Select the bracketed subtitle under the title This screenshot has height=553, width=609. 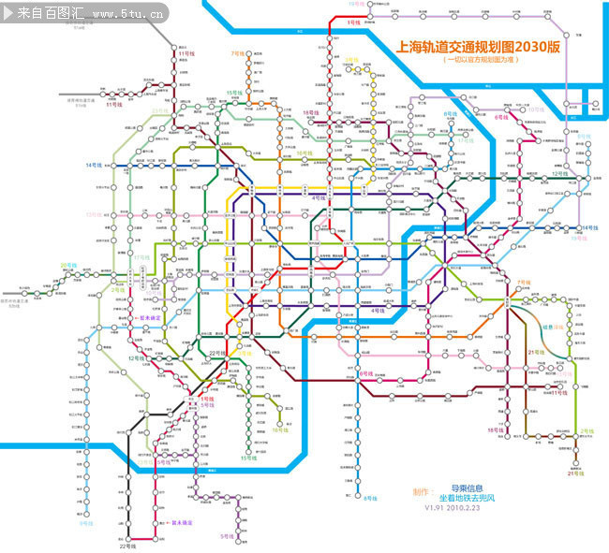(x=481, y=59)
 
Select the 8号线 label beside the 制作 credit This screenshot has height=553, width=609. (x=368, y=498)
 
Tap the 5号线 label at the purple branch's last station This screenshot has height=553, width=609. (x=227, y=536)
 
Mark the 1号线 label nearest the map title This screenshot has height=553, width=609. (x=353, y=20)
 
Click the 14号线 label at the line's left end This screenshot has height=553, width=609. (x=96, y=165)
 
